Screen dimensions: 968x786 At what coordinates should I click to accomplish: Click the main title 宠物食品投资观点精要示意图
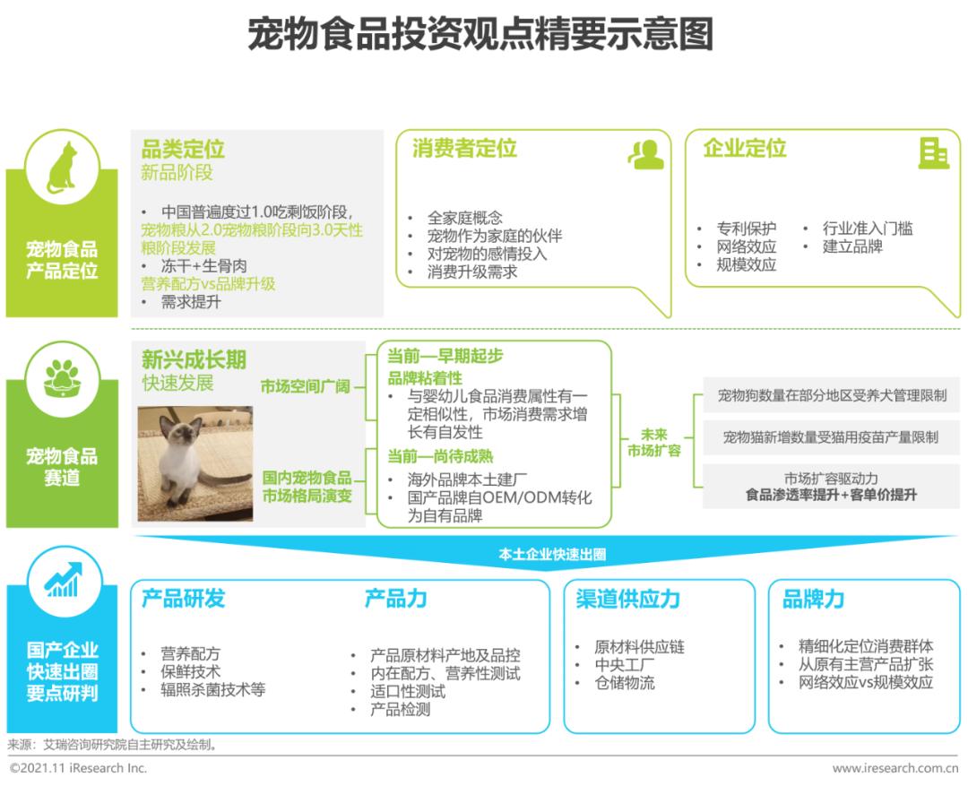(x=480, y=33)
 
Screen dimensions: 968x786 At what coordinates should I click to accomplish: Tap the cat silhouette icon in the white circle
(x=62, y=168)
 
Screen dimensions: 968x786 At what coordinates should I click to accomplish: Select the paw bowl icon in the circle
(x=62, y=379)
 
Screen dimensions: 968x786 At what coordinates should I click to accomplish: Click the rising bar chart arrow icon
(x=63, y=580)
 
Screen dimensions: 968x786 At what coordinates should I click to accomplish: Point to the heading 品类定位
(x=183, y=149)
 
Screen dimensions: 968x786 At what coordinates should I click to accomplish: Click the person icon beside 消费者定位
(x=645, y=154)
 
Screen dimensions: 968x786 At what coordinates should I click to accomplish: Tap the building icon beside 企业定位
(x=933, y=153)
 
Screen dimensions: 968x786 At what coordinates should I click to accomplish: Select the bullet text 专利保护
(x=747, y=229)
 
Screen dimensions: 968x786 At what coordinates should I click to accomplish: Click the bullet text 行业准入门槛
(x=868, y=229)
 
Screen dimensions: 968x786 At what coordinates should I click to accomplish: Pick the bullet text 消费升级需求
(x=472, y=272)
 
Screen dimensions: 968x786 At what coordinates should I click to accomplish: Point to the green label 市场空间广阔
(x=305, y=386)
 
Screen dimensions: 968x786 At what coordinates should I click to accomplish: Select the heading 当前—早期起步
(x=445, y=356)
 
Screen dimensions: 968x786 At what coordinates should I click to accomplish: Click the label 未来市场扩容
(x=653, y=443)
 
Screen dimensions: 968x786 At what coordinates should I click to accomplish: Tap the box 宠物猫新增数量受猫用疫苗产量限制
(x=831, y=437)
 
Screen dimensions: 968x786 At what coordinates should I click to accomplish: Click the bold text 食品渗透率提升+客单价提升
(x=831, y=495)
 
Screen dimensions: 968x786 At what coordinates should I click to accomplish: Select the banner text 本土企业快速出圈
(x=552, y=554)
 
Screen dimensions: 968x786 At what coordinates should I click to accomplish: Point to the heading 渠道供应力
(x=627, y=599)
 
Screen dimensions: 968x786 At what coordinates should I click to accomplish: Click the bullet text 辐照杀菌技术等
(x=213, y=690)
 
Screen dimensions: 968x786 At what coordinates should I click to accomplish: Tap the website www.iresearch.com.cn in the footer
(x=895, y=769)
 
